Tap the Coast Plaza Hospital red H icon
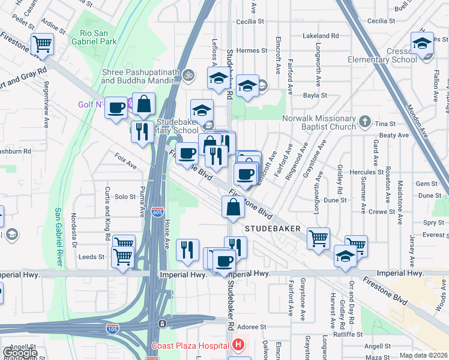238,346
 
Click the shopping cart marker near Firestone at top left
43,44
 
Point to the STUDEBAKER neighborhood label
272,229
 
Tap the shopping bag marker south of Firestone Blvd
233,207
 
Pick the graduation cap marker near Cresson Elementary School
422,44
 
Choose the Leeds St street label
91,257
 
